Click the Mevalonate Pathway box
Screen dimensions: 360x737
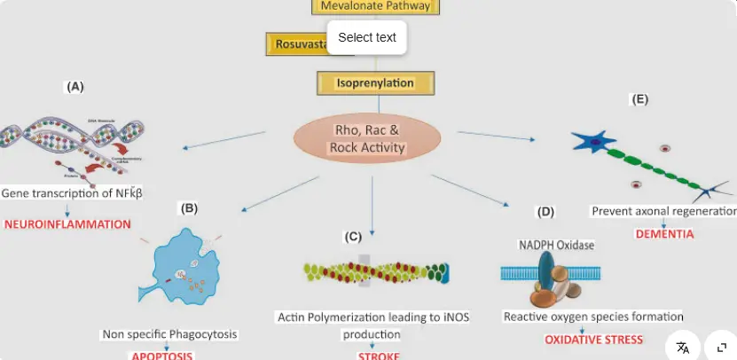point(375,6)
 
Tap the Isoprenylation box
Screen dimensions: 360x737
point(375,83)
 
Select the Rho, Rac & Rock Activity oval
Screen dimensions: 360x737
point(366,139)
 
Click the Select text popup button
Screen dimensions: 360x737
point(367,37)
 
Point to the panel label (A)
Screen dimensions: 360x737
point(75,87)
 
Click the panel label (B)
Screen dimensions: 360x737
point(189,208)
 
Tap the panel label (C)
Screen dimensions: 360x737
point(353,237)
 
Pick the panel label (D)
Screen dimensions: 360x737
point(545,212)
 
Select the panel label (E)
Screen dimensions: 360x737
point(639,99)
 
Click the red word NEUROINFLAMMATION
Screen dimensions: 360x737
point(67,224)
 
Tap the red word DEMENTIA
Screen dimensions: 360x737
point(664,234)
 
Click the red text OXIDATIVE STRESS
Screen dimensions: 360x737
point(593,340)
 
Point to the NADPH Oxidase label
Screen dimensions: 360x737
point(556,244)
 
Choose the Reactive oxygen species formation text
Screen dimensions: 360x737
point(593,316)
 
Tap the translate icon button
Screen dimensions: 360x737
point(683,348)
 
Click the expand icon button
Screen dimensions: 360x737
point(721,348)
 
